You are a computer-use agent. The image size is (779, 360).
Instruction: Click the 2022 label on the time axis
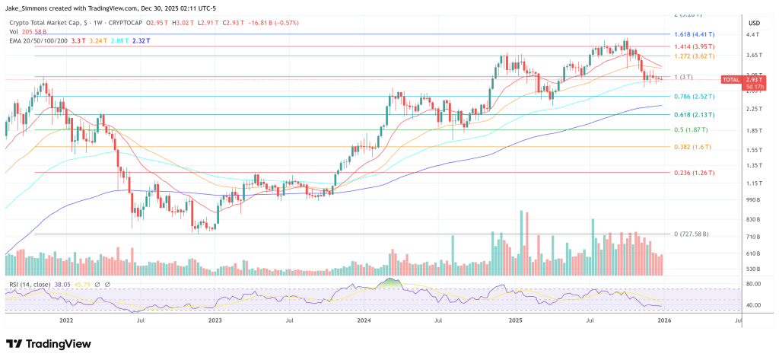coord(67,322)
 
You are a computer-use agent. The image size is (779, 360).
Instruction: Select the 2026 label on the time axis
coord(663,322)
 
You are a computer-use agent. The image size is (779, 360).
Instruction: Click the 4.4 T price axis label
coord(753,35)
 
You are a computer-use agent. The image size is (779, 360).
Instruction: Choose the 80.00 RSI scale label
coord(753,284)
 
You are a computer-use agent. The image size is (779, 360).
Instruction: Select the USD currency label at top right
coord(754,22)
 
